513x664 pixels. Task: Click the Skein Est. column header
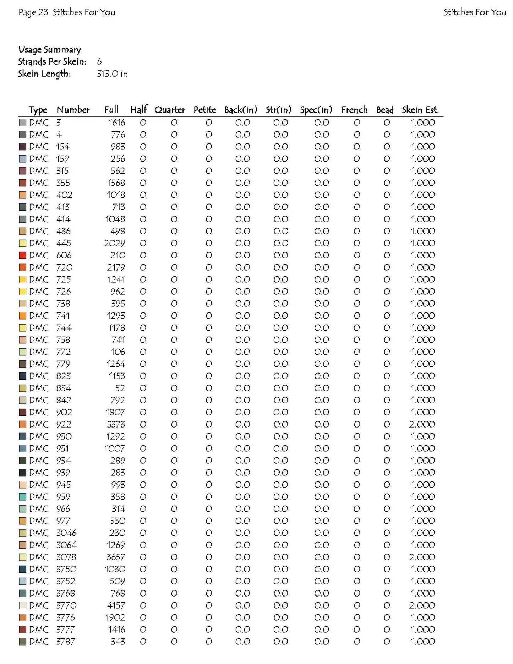420,110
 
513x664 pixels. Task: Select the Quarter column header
170,110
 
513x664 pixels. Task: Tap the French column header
354,110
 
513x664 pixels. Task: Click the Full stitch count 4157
116,605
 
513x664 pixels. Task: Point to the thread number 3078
66,557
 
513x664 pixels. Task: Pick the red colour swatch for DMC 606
22,255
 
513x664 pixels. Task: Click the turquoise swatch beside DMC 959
22,497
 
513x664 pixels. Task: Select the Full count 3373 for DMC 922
116,424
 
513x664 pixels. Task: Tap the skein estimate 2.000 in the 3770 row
422,605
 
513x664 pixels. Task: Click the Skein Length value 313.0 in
112,74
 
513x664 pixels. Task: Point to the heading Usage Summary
50,50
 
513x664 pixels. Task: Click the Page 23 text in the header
33,12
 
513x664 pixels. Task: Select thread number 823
64,376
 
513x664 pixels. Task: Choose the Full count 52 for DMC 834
120,388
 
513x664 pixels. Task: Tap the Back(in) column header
241,110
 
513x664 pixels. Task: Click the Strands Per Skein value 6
99,62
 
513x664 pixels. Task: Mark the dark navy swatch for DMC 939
22,473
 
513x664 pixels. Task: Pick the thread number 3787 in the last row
66,642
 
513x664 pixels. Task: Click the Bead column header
385,110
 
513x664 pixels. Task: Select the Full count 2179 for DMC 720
116,267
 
